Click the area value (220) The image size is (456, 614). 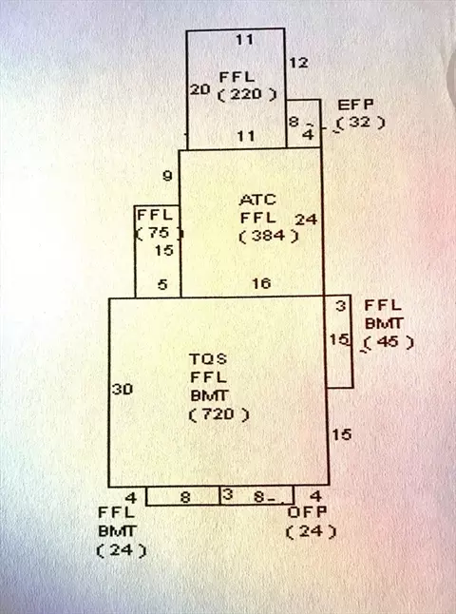click(x=247, y=95)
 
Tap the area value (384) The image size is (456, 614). click(x=269, y=236)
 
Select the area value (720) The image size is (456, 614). click(x=218, y=414)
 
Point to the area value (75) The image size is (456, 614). click(x=159, y=233)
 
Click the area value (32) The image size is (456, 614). click(x=360, y=123)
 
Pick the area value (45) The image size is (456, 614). click(x=389, y=342)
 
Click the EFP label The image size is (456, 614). click(x=355, y=105)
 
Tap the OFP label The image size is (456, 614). click(x=307, y=512)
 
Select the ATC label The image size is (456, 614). click(x=258, y=201)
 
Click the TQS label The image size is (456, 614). click(x=208, y=358)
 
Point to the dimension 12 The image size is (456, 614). click(x=298, y=63)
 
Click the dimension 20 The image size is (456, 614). click(x=200, y=89)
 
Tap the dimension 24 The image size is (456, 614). click(x=306, y=220)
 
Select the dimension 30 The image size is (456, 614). click(x=123, y=390)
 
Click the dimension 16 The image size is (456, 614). click(x=261, y=283)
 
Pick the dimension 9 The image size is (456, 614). click(x=167, y=176)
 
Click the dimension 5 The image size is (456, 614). click(x=162, y=284)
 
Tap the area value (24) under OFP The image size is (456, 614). click(x=312, y=531)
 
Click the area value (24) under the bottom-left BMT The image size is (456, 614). click(x=122, y=550)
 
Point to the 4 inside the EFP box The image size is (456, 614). click(x=309, y=135)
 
